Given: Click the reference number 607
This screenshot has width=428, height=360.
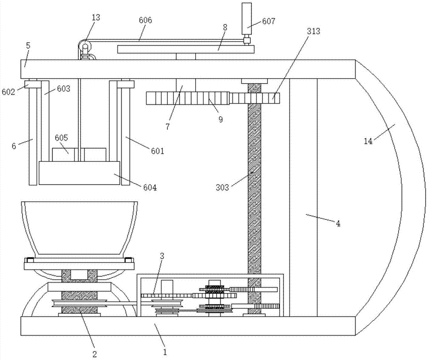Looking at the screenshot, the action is click(269, 21).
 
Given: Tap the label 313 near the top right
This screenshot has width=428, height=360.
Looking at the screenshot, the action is click(313, 31).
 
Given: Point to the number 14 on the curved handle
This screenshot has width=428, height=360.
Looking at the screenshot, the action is click(368, 141).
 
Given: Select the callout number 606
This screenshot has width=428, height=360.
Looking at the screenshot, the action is click(145, 20).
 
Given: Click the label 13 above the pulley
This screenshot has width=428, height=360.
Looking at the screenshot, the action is click(96, 18).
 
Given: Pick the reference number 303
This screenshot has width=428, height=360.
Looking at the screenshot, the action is click(222, 188).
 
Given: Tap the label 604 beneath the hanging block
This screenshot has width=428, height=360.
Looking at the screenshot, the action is click(150, 188).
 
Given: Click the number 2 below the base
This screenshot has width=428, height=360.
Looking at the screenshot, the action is click(95, 354).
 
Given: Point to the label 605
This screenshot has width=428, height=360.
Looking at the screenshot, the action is click(61, 138).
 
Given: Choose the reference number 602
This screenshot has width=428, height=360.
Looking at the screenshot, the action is click(9, 92).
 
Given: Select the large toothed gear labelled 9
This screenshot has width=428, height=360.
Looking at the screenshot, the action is click(189, 98).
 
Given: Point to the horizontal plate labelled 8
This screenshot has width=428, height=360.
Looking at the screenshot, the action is click(186, 49).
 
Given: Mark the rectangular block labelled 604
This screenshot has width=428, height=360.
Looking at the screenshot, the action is click(80, 173).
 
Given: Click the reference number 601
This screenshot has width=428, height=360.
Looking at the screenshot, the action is click(158, 150).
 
